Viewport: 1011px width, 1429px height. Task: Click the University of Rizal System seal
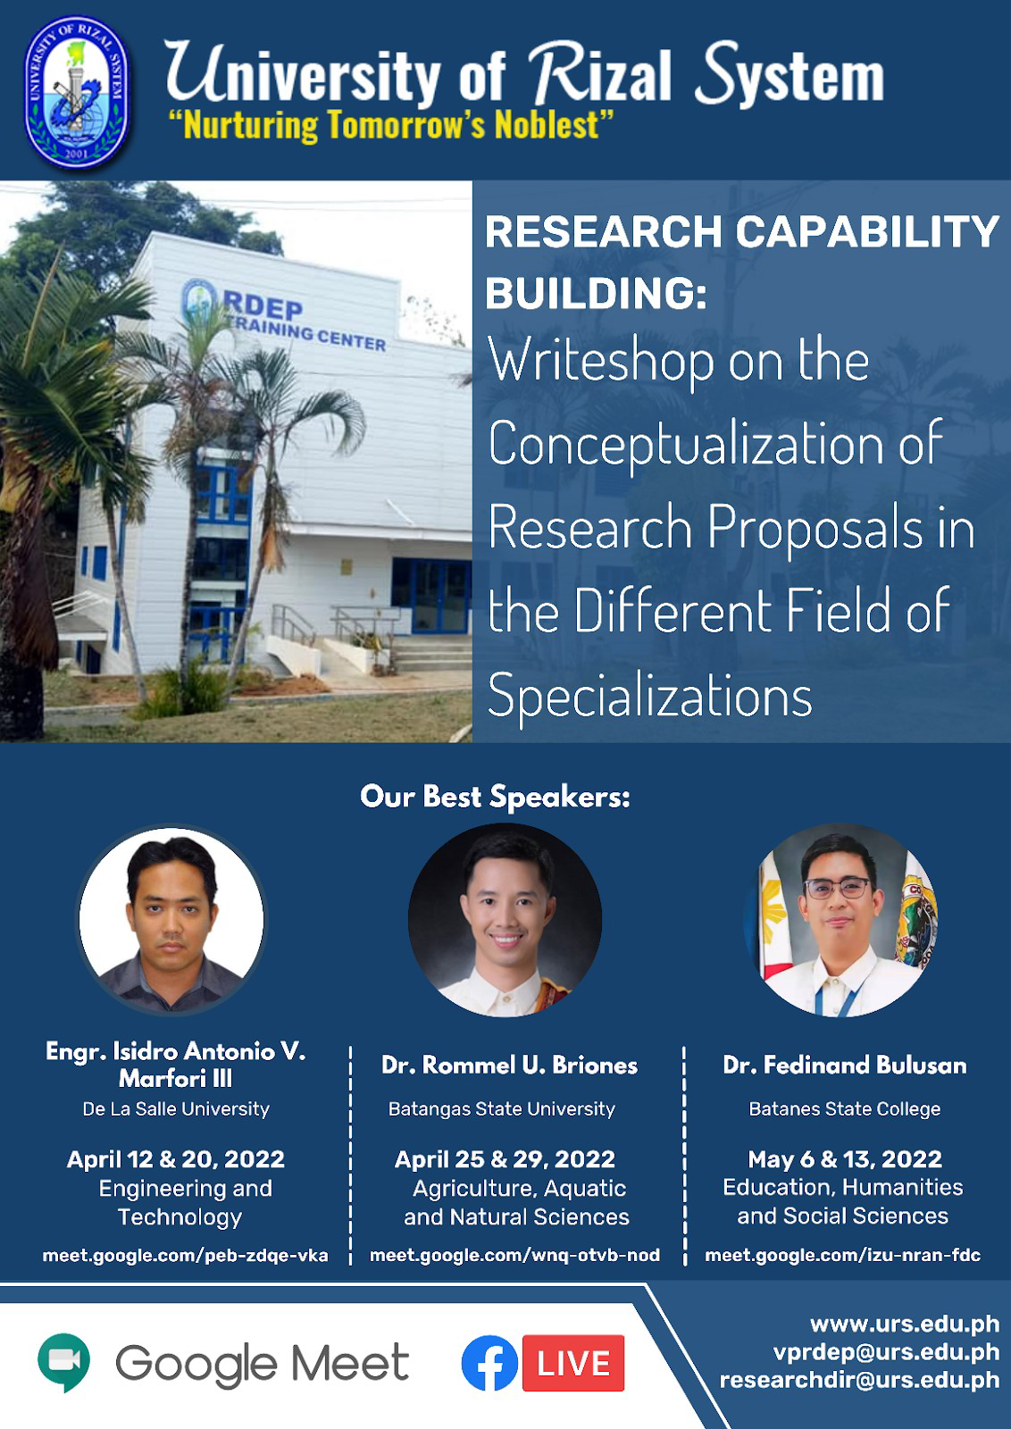click(x=77, y=93)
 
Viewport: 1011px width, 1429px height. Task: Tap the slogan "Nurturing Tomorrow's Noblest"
click(x=389, y=124)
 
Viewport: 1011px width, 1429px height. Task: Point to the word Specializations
click(x=650, y=696)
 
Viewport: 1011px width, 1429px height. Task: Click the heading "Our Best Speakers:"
click(x=495, y=797)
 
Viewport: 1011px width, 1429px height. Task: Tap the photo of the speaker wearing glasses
click(x=840, y=920)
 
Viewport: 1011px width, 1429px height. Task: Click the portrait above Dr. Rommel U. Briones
click(x=505, y=920)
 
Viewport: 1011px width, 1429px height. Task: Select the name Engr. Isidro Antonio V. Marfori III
click(x=176, y=1064)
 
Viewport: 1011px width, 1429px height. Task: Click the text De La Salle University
click(x=176, y=1108)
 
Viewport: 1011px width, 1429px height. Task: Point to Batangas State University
click(x=502, y=1108)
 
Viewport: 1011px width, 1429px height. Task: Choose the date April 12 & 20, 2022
click(x=176, y=1158)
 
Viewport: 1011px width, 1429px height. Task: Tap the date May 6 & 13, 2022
click(x=845, y=1158)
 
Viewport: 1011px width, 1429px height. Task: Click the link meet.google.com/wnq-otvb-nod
click(x=514, y=1256)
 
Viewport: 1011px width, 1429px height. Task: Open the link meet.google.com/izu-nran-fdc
click(x=842, y=1256)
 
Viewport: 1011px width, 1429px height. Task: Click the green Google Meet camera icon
click(x=63, y=1363)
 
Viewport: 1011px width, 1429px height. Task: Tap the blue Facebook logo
click(x=490, y=1363)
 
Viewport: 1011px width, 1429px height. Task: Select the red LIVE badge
click(x=572, y=1363)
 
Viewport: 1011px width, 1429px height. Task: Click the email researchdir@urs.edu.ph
click(x=859, y=1380)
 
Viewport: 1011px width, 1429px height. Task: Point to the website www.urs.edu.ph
click(x=905, y=1325)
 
